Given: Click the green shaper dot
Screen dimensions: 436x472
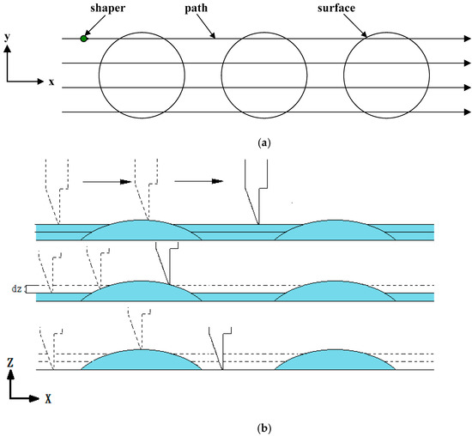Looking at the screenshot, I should click(x=83, y=38).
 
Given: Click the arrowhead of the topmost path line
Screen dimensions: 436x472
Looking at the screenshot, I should click(x=467, y=38).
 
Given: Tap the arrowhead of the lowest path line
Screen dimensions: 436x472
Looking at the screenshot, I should click(x=467, y=112).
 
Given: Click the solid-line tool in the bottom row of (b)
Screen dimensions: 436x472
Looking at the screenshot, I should click(x=216, y=343).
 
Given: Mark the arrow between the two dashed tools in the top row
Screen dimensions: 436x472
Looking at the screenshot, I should click(x=101, y=182).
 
